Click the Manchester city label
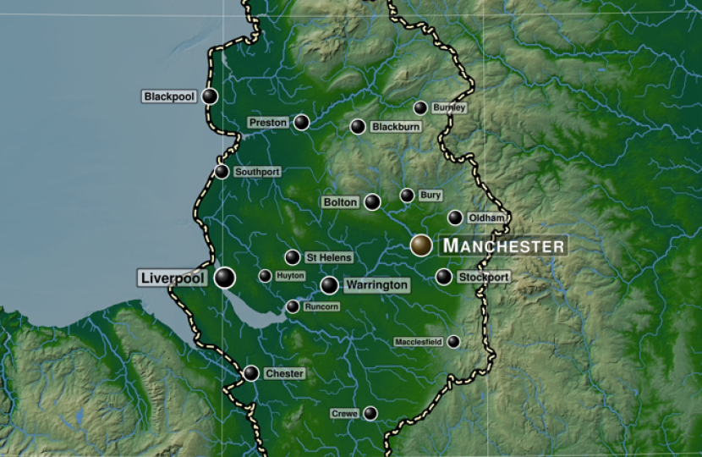pyautogui.click(x=503, y=245)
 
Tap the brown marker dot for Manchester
pyautogui.click(x=421, y=245)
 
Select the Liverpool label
pyautogui.click(x=173, y=278)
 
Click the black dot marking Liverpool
pyautogui.click(x=224, y=278)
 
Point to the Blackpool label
pyautogui.click(x=169, y=96)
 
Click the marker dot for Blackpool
pyautogui.click(x=210, y=96)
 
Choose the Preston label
pyautogui.click(x=268, y=123)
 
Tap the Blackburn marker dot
pyautogui.click(x=358, y=127)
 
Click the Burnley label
pyautogui.click(x=449, y=108)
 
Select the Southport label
pyautogui.click(x=257, y=172)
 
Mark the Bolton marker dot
pyautogui.click(x=372, y=202)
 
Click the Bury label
pyautogui.click(x=431, y=195)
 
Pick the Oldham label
pyautogui.click(x=486, y=218)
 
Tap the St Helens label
pyautogui.click(x=328, y=257)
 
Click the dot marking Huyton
pyautogui.click(x=265, y=276)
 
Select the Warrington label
pyautogui.click(x=376, y=285)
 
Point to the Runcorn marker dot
pyautogui.click(x=293, y=307)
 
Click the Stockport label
pyautogui.click(x=484, y=278)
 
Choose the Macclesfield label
pyautogui.click(x=419, y=342)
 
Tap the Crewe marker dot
pyautogui.click(x=370, y=414)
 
